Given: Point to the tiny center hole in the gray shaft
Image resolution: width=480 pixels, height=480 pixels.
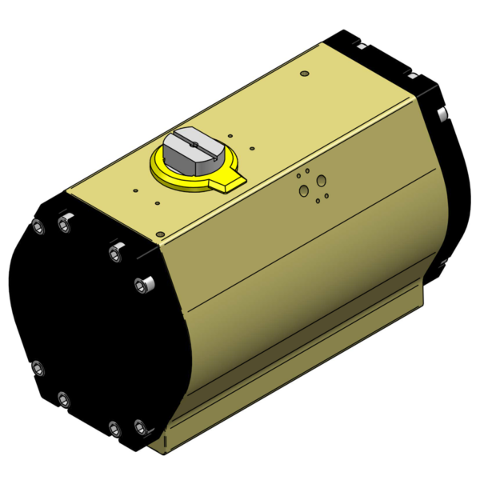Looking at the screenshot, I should (x=194, y=145).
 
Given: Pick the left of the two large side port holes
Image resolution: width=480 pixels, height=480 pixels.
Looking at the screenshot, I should (x=304, y=190).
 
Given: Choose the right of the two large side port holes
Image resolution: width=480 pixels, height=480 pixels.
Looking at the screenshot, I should (x=322, y=181).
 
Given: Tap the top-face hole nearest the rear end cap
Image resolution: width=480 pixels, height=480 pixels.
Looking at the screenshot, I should (x=304, y=74).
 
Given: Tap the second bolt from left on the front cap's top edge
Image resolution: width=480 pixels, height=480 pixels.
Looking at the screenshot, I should (x=64, y=227).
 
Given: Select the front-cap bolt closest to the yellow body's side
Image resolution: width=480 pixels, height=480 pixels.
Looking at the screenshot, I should (x=143, y=284).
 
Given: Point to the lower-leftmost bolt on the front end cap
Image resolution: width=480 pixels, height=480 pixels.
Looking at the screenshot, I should (x=37, y=368).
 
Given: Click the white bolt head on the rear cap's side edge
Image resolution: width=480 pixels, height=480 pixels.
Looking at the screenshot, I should (x=439, y=117).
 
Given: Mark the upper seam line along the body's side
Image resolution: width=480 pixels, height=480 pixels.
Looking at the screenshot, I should (x=312, y=240).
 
